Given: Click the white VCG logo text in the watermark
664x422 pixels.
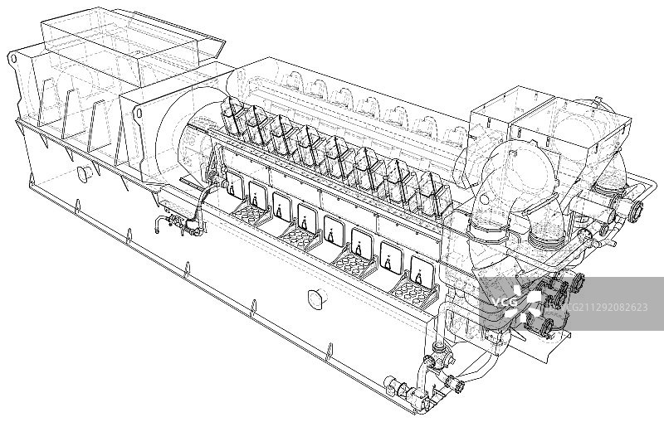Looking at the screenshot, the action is point(505,303).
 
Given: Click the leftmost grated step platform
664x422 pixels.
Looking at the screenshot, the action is point(251,212).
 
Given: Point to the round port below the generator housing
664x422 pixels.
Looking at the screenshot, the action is point(86,173).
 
